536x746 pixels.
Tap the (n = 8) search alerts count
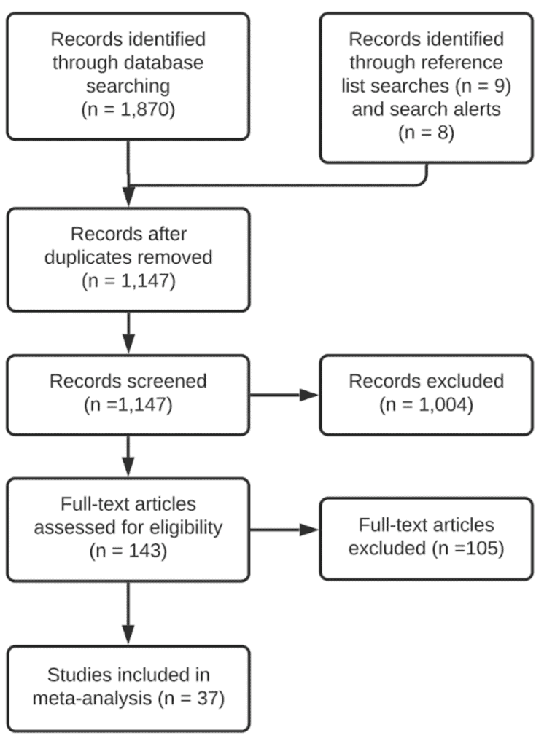(426, 134)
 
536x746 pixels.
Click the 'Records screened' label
(128, 380)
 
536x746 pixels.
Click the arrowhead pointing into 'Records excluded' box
(311, 395)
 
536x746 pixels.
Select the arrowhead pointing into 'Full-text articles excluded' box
(311, 530)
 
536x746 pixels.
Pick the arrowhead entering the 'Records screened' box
(128, 345)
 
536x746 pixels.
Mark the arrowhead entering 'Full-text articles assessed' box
(128, 469)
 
